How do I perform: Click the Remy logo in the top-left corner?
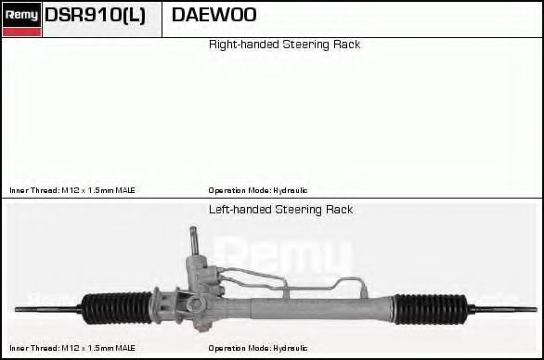click(x=21, y=16)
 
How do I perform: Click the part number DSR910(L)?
click(x=95, y=16)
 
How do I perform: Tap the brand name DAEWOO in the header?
click(x=214, y=16)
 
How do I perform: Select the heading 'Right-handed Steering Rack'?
click(x=284, y=45)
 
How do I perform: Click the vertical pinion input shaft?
click(x=195, y=243)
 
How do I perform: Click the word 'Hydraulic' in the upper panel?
click(x=291, y=190)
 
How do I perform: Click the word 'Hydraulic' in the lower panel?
click(x=291, y=348)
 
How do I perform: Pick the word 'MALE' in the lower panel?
click(x=124, y=348)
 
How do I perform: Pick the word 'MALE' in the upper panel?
click(x=124, y=190)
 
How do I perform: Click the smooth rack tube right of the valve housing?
click(x=316, y=302)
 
